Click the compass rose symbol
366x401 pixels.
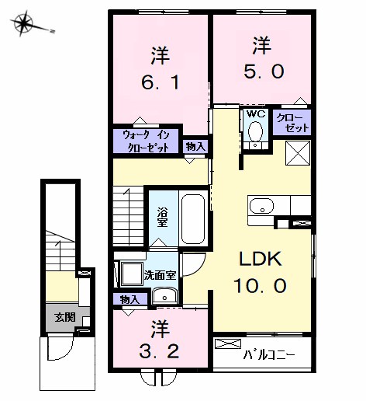click(x=24, y=23)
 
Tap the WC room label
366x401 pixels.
click(x=256, y=113)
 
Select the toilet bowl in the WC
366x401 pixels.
click(x=255, y=131)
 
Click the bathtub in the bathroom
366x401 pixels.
click(x=193, y=219)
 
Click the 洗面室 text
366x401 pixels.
click(x=161, y=275)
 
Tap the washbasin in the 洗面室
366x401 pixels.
click(x=164, y=295)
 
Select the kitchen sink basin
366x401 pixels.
click(x=261, y=206)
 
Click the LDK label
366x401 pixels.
click(x=261, y=259)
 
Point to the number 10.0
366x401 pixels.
click(x=260, y=285)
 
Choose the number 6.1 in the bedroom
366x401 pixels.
click(x=161, y=82)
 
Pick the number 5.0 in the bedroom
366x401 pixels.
click(x=264, y=71)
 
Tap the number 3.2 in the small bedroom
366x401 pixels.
click(x=159, y=352)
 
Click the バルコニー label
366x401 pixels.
click(x=269, y=354)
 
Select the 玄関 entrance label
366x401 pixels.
click(x=64, y=317)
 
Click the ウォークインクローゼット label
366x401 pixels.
click(x=147, y=141)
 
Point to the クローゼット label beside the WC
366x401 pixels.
click(x=292, y=123)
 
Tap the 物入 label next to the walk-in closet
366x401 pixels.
click(x=195, y=147)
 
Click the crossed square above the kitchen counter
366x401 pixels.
click(x=298, y=153)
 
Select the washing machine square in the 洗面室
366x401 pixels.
click(x=132, y=274)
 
